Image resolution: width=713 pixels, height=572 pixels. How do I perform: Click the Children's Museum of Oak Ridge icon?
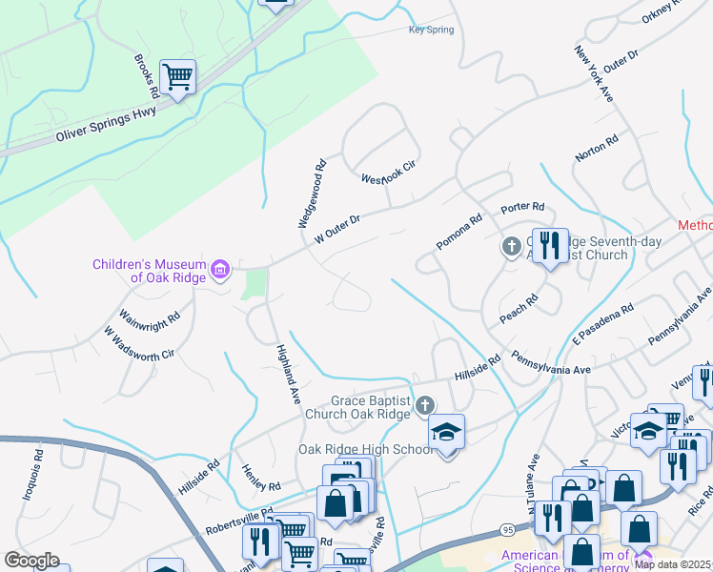221,271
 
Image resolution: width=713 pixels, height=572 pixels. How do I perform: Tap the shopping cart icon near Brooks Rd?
177,76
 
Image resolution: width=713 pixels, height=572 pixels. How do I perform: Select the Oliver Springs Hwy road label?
105,127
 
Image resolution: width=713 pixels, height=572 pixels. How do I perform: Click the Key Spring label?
431,31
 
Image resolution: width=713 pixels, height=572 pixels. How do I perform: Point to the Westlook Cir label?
390,173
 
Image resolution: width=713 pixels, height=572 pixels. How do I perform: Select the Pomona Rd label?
459,232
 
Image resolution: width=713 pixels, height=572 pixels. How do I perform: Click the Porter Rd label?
522,207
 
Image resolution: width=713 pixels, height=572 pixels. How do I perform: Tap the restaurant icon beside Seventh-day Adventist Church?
550,247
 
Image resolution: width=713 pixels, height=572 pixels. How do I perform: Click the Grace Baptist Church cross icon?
425,407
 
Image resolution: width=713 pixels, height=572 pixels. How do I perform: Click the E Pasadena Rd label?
603,325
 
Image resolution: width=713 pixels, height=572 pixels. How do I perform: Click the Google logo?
31,561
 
